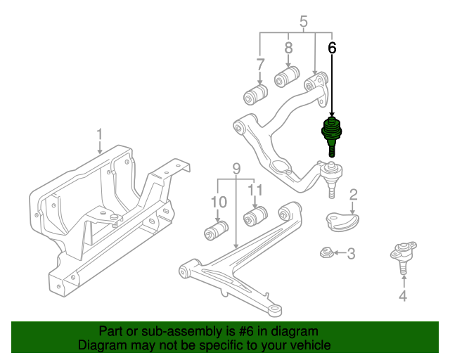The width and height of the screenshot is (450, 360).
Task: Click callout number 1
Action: pyautogui.click(x=100, y=134)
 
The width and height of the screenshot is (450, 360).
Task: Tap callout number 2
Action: pyautogui.click(x=354, y=195)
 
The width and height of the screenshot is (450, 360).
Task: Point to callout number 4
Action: pyautogui.click(x=403, y=296)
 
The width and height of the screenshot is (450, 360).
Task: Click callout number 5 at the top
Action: pyautogui.click(x=304, y=22)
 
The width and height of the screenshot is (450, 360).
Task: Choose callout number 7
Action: pyautogui.click(x=260, y=65)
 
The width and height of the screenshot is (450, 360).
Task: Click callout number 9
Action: pyautogui.click(x=236, y=169)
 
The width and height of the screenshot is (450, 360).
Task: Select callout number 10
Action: pyautogui.click(x=219, y=202)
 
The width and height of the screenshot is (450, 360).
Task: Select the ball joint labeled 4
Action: pyautogui.click(x=403, y=255)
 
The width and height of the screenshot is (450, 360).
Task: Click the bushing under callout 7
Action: pyautogui.click(x=255, y=93)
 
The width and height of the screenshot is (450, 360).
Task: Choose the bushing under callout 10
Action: pyautogui.click(x=217, y=229)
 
